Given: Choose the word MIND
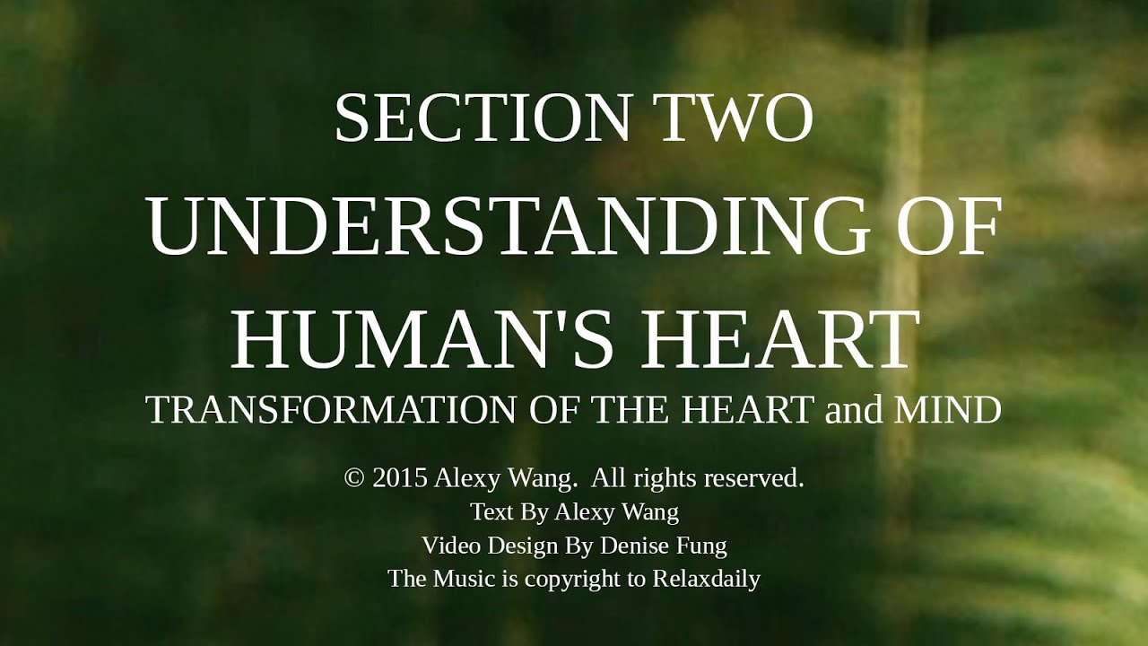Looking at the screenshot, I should tap(948, 410).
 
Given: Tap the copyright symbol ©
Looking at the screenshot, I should tap(354, 478).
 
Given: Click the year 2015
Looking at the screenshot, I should tap(399, 478).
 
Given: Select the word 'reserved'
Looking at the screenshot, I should tap(753, 478).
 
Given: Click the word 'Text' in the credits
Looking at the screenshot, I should tap(491, 511).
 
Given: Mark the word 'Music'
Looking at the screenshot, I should tap(464, 579).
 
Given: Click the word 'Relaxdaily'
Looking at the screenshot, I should tap(706, 579).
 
